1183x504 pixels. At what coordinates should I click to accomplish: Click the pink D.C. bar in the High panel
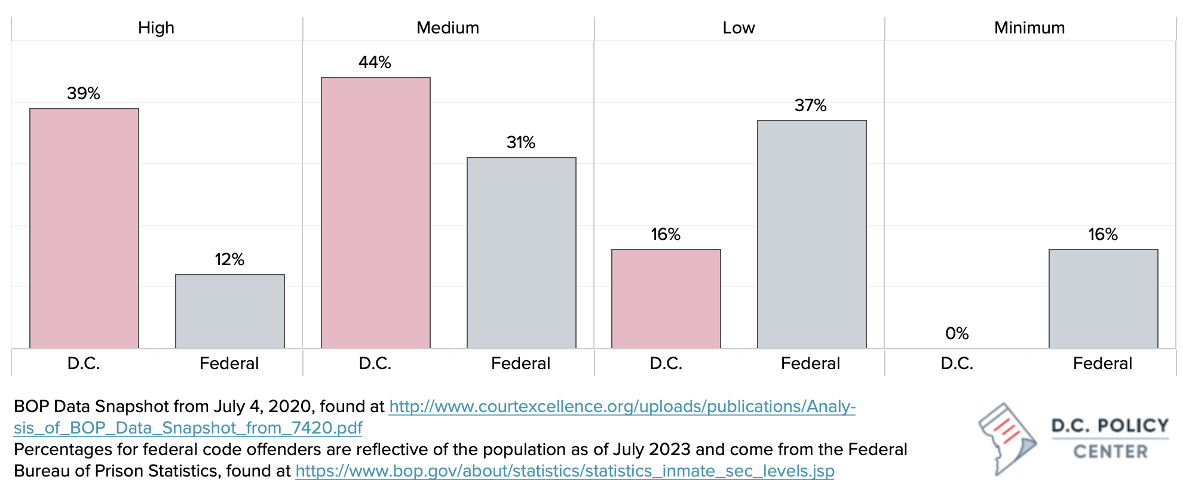pyautogui.click(x=84, y=228)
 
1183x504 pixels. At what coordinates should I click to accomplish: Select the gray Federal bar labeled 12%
pyautogui.click(x=230, y=311)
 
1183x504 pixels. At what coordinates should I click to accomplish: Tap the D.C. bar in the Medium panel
pyautogui.click(x=376, y=213)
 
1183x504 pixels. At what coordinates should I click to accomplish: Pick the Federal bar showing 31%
pyautogui.click(x=522, y=253)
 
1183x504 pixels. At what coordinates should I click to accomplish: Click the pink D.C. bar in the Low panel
pyautogui.click(x=666, y=299)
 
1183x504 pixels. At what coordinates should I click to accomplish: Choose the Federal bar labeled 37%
pyautogui.click(x=812, y=234)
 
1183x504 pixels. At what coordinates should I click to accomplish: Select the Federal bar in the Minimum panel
pyautogui.click(x=1104, y=299)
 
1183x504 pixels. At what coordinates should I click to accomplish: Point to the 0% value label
pyautogui.click(x=957, y=333)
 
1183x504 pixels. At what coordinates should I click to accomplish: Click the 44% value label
pyautogui.click(x=375, y=62)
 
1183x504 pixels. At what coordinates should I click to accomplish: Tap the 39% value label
pyautogui.click(x=84, y=93)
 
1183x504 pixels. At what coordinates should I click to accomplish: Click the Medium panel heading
pyautogui.click(x=448, y=27)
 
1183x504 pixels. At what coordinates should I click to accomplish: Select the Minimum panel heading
pyautogui.click(x=1029, y=27)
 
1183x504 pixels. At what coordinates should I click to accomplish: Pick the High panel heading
pyautogui.click(x=156, y=27)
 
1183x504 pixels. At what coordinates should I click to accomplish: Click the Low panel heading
pyautogui.click(x=738, y=27)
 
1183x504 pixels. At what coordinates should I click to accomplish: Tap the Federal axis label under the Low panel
pyautogui.click(x=810, y=363)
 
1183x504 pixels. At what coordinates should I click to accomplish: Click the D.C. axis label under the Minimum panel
pyautogui.click(x=957, y=363)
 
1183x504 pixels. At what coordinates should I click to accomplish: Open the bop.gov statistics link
pyautogui.click(x=565, y=471)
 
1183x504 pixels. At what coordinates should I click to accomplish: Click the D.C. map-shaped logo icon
pyautogui.click(x=1007, y=439)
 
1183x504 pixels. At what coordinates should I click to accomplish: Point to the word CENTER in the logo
pyautogui.click(x=1111, y=451)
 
